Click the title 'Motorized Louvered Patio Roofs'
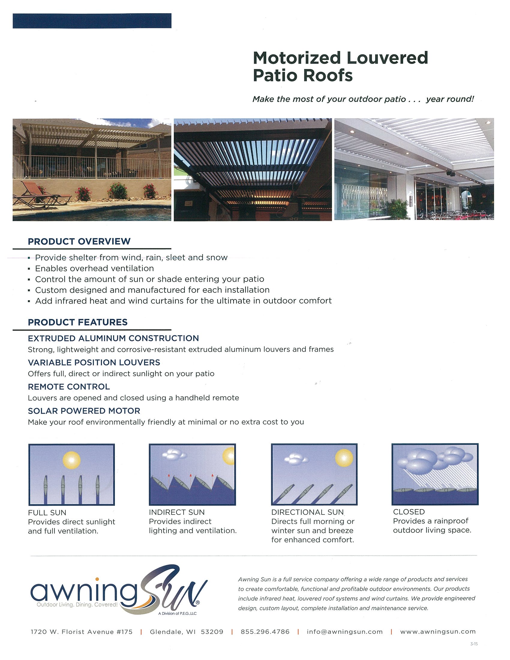pyautogui.click(x=340, y=67)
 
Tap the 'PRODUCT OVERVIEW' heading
pyautogui.click(x=79, y=241)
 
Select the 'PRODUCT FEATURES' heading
pyautogui.click(x=78, y=322)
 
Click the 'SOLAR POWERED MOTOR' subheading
pyautogui.click(x=84, y=411)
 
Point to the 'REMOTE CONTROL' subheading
pyautogui.click(x=69, y=387)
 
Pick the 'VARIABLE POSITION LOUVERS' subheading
pyautogui.click(x=94, y=363)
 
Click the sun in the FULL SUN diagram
pyautogui.click(x=72, y=460)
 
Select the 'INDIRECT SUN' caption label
pyautogui.click(x=177, y=512)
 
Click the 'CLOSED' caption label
pyautogui.click(x=409, y=512)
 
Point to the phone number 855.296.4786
pyautogui.click(x=265, y=632)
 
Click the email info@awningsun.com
pyautogui.click(x=345, y=632)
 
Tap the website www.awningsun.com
pyautogui.click(x=438, y=632)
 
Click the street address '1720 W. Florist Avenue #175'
pyautogui.click(x=82, y=632)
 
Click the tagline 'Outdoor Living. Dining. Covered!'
pyautogui.click(x=77, y=605)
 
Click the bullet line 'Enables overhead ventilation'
pyautogui.click(x=94, y=268)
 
